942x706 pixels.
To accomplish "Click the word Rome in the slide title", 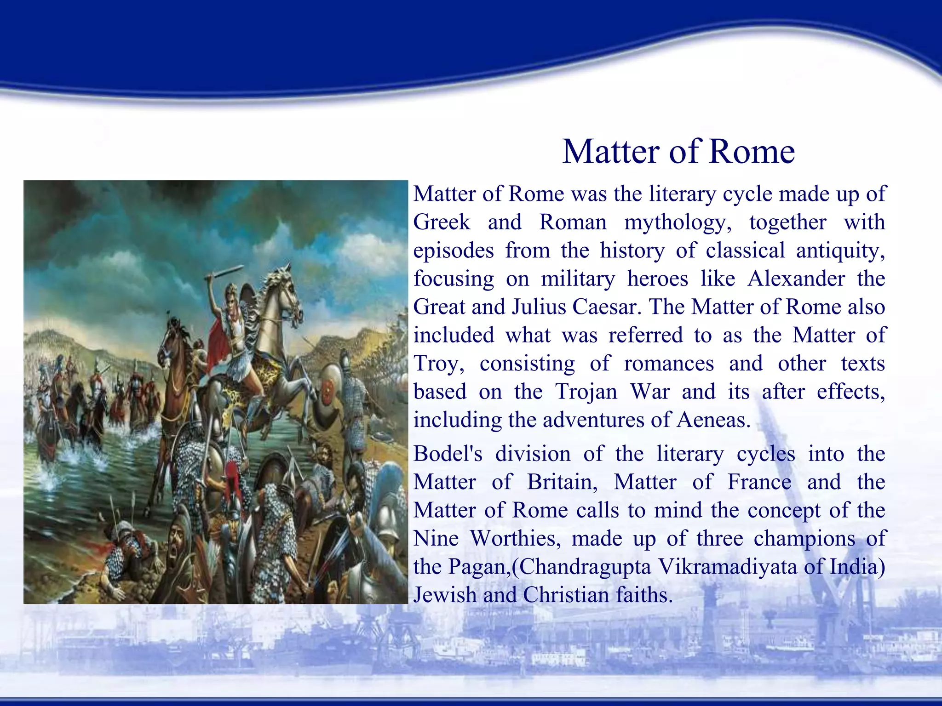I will pyautogui.click(x=752, y=152).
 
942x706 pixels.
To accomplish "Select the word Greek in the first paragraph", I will pyautogui.click(x=442, y=222).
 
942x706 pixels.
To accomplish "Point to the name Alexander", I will pyautogui.click(x=796, y=279).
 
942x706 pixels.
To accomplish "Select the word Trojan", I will pyautogui.click(x=586, y=392).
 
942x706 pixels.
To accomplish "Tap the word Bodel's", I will pyautogui.click(x=448, y=454).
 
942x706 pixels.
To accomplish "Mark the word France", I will pyautogui.click(x=759, y=482).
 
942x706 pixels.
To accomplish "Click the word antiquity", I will pyautogui.click(x=840, y=251).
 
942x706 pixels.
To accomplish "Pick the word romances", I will pyautogui.click(x=669, y=364).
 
